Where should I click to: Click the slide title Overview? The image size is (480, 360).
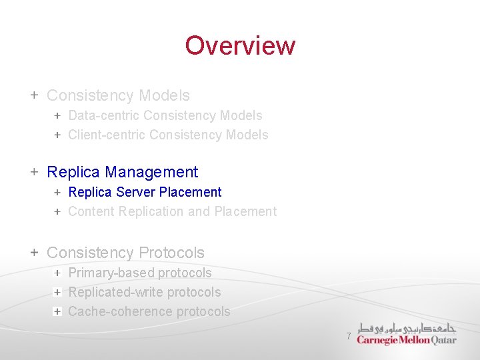pyautogui.click(x=240, y=45)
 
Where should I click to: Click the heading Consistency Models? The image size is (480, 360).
pyautogui.click(x=118, y=96)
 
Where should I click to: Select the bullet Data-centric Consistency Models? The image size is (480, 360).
pyautogui.click(x=165, y=115)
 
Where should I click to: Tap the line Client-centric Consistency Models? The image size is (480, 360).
pyautogui.click(x=168, y=135)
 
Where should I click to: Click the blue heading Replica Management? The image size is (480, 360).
pyautogui.click(x=122, y=172)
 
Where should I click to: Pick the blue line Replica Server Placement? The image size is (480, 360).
pyautogui.click(x=145, y=192)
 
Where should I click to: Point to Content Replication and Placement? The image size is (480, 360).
pyautogui.click(x=172, y=211)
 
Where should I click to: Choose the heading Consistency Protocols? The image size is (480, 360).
pyautogui.click(x=125, y=253)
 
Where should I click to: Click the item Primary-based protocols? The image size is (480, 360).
pyautogui.click(x=140, y=273)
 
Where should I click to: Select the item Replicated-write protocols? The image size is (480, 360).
pyautogui.click(x=145, y=292)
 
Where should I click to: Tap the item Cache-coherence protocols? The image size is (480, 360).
pyautogui.click(x=149, y=311)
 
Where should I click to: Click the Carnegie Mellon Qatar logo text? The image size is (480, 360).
pyautogui.click(x=406, y=340)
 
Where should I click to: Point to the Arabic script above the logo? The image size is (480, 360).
pyautogui.click(x=407, y=329)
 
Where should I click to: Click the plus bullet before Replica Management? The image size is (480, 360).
pyautogui.click(x=34, y=172)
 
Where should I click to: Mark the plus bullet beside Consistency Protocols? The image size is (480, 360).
pyautogui.click(x=34, y=253)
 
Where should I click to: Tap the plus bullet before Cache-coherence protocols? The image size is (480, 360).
pyautogui.click(x=58, y=311)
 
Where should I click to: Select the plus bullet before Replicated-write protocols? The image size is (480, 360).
pyautogui.click(x=58, y=292)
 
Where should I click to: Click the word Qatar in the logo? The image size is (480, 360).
pyautogui.click(x=444, y=340)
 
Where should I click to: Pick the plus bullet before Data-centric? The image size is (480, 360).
pyautogui.click(x=58, y=115)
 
